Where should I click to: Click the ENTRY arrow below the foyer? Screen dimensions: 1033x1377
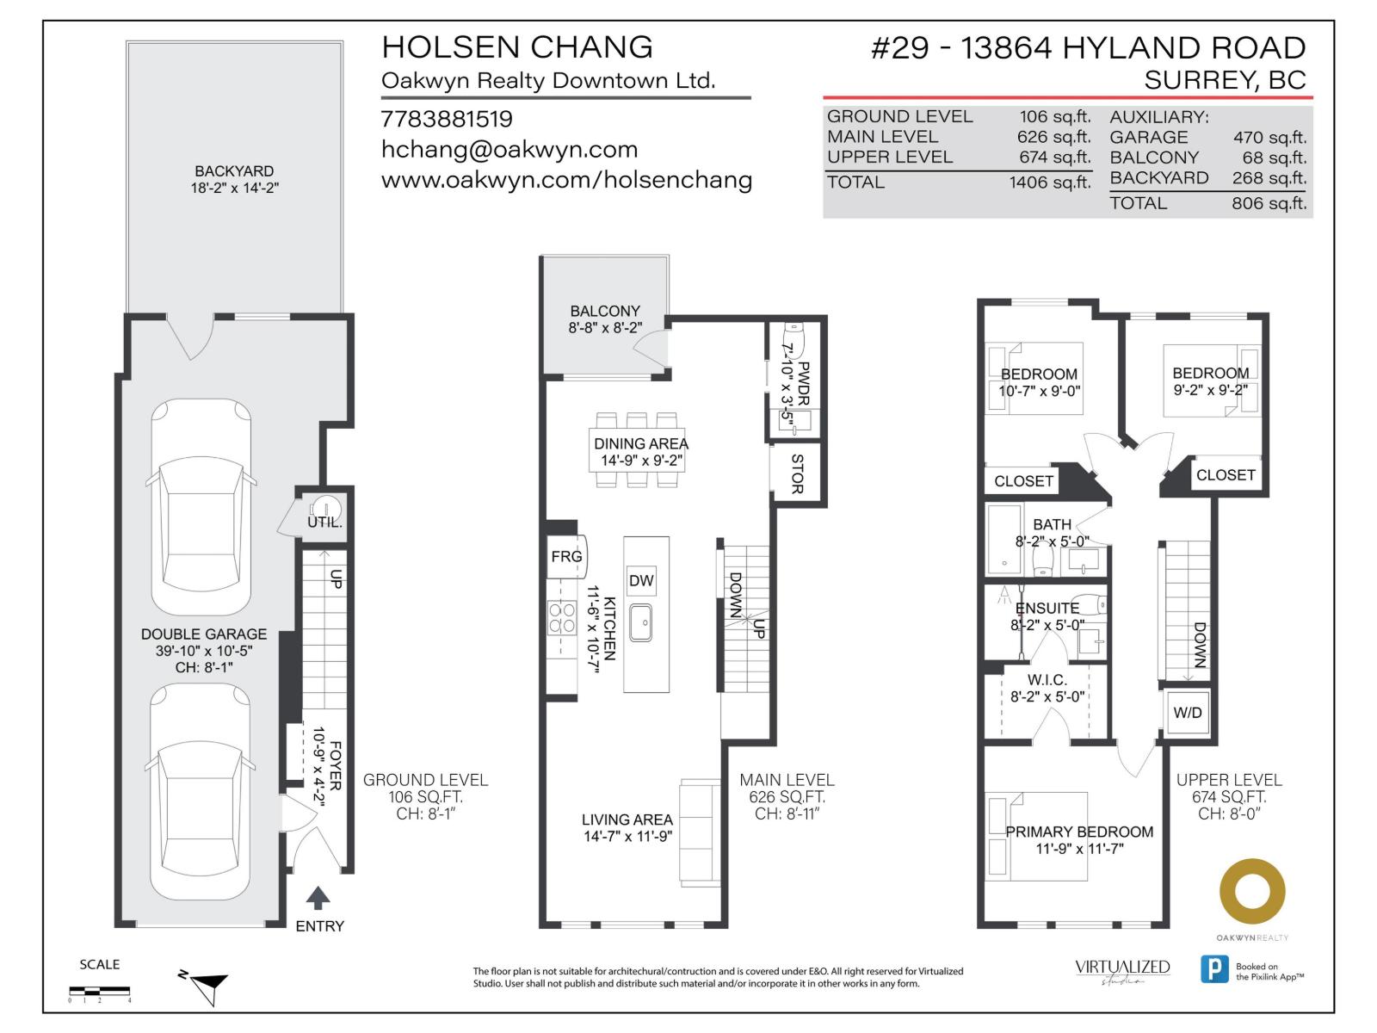[318, 898]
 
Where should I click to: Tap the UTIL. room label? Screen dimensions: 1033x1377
[324, 522]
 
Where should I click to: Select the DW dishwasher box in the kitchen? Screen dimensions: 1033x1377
[641, 580]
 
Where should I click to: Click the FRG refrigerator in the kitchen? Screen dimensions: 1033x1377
[566, 557]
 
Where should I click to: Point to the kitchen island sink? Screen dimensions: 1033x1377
[640, 622]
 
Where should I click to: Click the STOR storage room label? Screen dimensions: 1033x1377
[797, 474]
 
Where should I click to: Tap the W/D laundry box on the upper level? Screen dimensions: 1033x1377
[1188, 713]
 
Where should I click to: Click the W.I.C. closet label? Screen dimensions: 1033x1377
[1047, 680]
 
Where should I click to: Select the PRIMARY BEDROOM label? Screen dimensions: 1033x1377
[1079, 832]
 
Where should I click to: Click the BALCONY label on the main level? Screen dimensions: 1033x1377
[605, 311]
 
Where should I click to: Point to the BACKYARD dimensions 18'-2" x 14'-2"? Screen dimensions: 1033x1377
[234, 188]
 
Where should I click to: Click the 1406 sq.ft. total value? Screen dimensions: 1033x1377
[1049, 182]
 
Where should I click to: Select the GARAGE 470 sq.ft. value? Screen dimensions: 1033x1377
[1269, 138]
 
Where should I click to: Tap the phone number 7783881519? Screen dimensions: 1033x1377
[447, 119]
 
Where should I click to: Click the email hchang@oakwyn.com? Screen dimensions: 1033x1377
[509, 150]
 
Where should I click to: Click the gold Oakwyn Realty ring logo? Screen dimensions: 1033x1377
[1252, 892]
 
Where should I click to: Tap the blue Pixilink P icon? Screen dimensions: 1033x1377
[1214, 969]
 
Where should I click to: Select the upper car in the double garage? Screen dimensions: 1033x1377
[202, 508]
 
